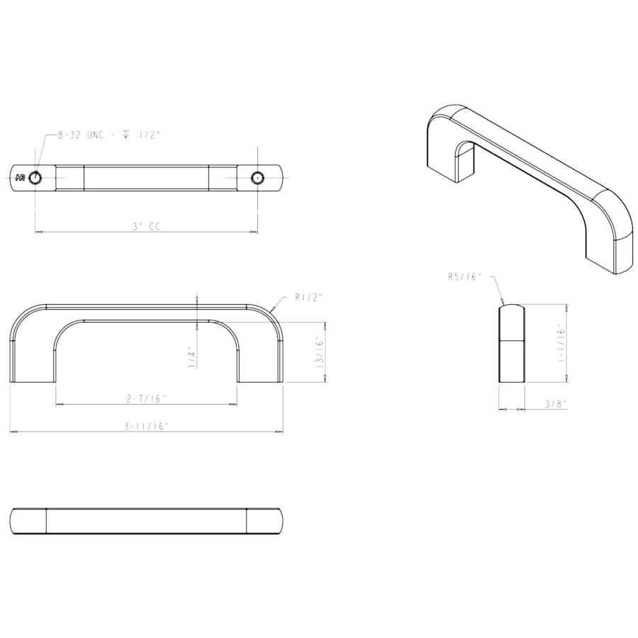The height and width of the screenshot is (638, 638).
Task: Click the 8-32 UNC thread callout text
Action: (x=109, y=135)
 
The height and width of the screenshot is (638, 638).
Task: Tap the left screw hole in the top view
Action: (x=35, y=177)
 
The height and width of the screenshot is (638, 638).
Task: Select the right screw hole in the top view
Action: (x=257, y=177)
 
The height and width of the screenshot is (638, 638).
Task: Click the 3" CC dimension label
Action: (x=147, y=227)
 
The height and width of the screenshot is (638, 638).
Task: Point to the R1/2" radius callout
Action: (x=308, y=298)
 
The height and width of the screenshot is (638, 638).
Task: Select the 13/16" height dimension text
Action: (x=320, y=352)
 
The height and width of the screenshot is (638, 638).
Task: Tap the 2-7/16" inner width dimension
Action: (x=147, y=399)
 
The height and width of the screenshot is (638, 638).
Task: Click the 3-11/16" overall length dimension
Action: (x=147, y=426)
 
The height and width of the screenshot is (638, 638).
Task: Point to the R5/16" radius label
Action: (x=464, y=277)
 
